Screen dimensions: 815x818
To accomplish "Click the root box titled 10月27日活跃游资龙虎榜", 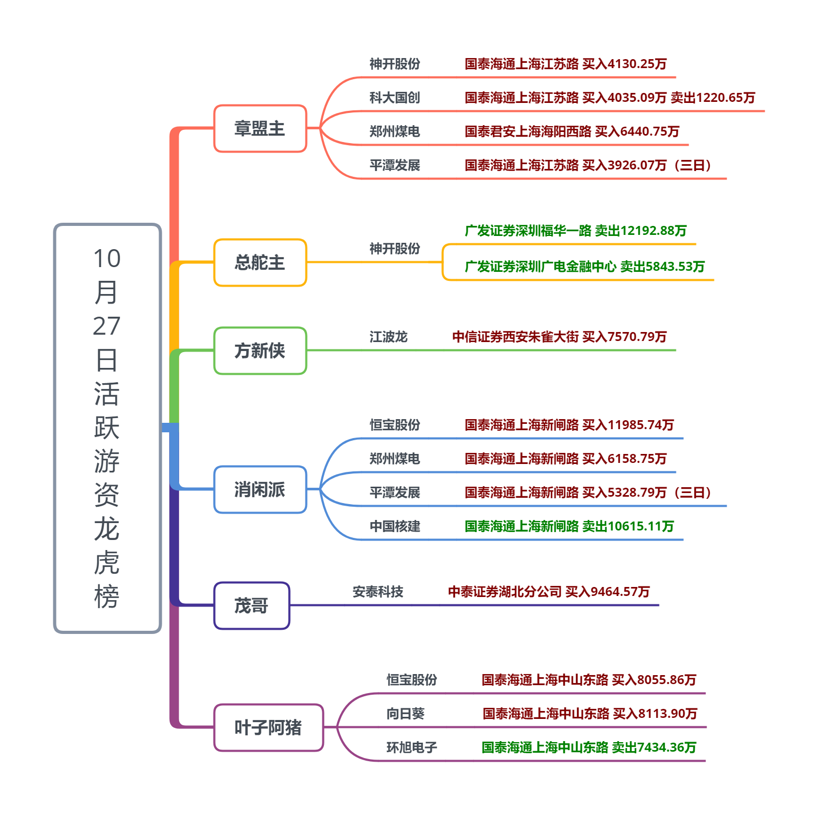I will click(107, 428).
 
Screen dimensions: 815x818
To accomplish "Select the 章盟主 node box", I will click(260, 129).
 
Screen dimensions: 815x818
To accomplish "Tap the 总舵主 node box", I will click(260, 263).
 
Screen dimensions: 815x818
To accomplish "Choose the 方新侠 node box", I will click(260, 351).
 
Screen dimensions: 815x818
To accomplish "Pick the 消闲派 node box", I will click(260, 490).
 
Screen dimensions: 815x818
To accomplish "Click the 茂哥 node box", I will click(252, 606).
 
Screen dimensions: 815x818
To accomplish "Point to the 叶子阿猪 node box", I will click(268, 728).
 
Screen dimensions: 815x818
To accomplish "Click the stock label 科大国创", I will click(395, 98).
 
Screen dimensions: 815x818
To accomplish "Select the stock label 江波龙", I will click(388, 337).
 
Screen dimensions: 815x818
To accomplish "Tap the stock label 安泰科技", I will click(378, 592).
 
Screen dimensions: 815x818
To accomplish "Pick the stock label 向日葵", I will click(405, 714).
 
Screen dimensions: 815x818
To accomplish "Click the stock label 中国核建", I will click(395, 527).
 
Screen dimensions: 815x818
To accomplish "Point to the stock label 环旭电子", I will click(412, 748).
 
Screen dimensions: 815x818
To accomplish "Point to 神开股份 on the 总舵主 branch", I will click(395, 249).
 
